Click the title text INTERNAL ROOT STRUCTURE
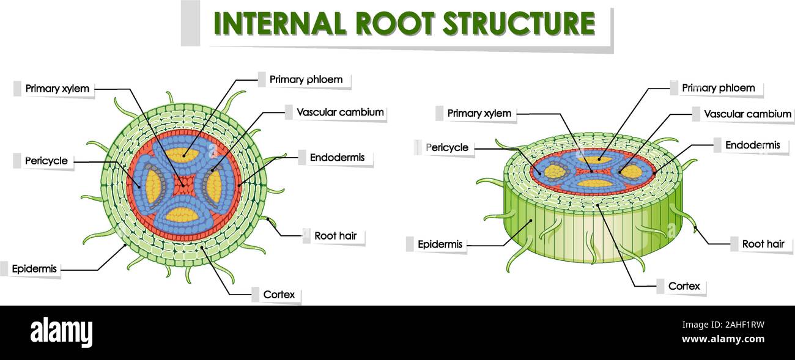point(404,23)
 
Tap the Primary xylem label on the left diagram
point(57,89)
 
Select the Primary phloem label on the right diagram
point(718,88)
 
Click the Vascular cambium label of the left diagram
point(339,112)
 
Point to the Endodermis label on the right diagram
point(752,145)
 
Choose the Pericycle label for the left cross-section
point(46,161)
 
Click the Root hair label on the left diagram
point(335,236)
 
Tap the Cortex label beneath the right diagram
point(684,286)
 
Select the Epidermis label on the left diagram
point(34,268)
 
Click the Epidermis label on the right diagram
point(438,244)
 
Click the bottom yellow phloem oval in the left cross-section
point(182,215)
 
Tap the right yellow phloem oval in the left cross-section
point(214,187)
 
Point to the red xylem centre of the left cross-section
point(182,183)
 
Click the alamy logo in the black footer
point(61,332)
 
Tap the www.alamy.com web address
point(723,339)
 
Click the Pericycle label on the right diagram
point(447,147)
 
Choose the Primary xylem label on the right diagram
point(479,113)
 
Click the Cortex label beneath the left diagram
point(279,295)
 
